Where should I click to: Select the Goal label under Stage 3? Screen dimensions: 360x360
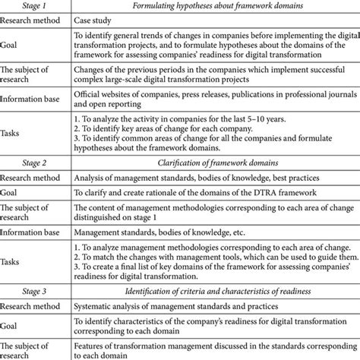point(13,327)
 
